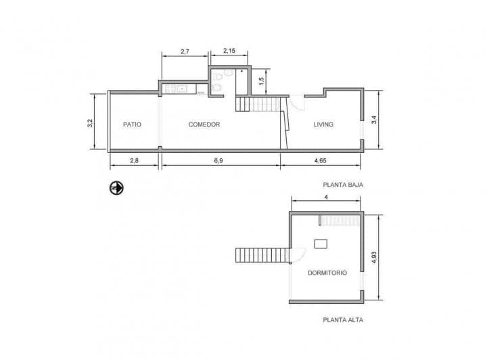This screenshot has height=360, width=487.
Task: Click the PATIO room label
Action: [x=132, y=125]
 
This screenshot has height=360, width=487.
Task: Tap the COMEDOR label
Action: [x=204, y=125]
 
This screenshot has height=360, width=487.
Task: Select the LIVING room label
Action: [x=323, y=125]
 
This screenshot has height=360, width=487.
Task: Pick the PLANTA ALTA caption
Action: [x=343, y=320]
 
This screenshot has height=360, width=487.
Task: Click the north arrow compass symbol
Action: [x=117, y=187]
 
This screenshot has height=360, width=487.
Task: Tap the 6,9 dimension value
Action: [x=220, y=160]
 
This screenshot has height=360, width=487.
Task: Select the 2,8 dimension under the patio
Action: [x=134, y=160]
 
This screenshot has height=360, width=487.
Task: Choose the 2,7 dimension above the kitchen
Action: [x=185, y=51]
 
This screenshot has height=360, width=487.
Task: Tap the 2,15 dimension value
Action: [x=229, y=51]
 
